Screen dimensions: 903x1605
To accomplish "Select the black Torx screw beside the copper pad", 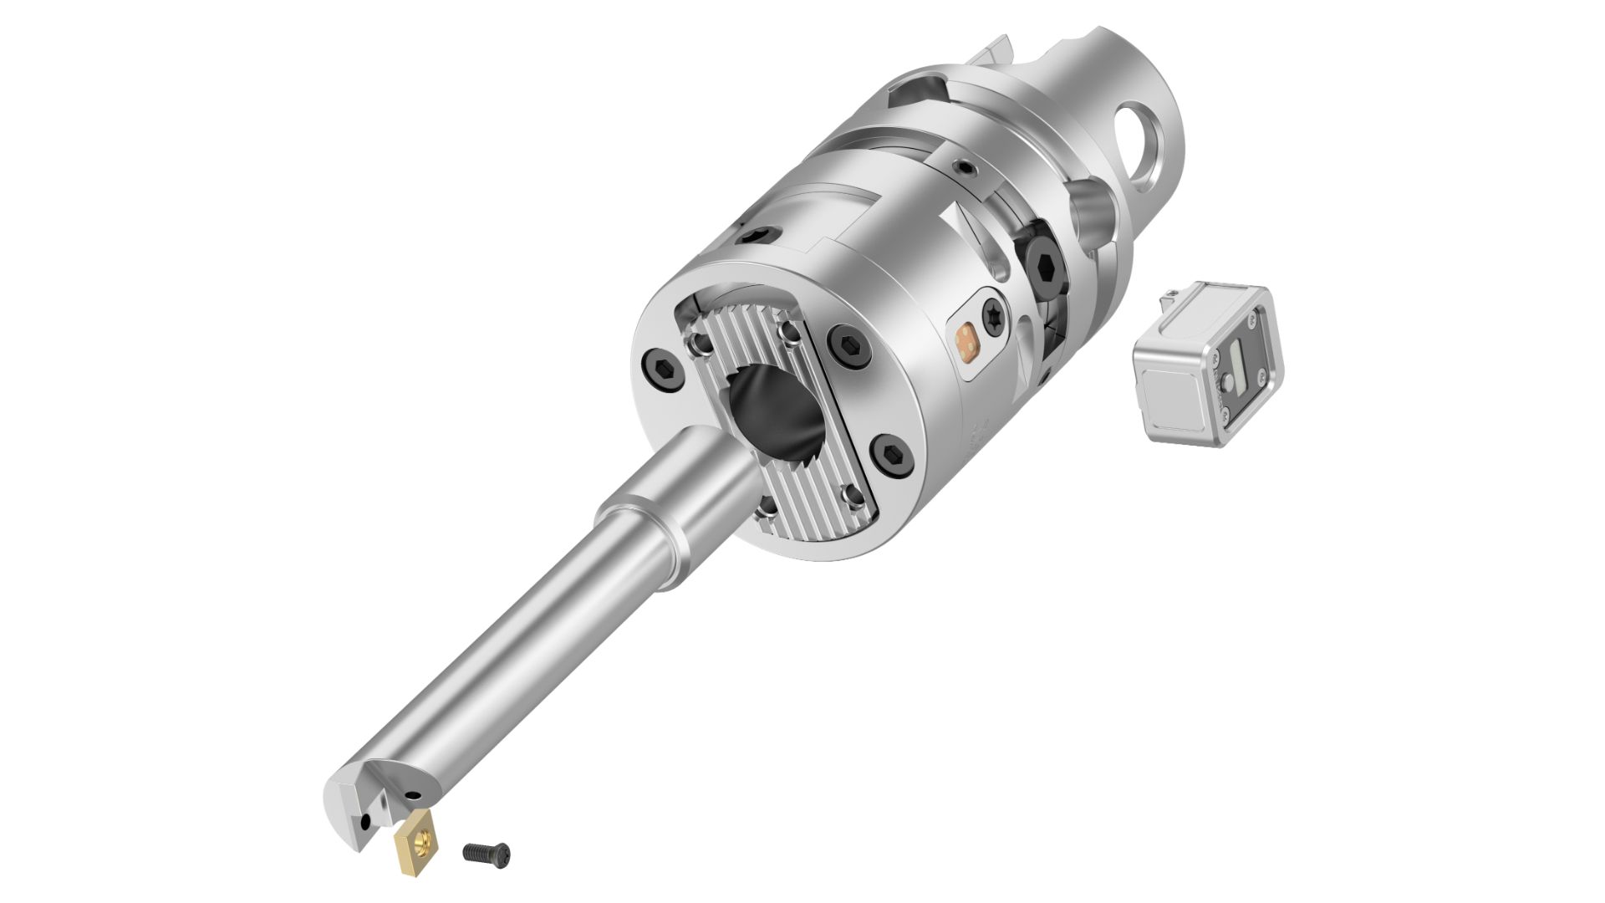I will (992, 316).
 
